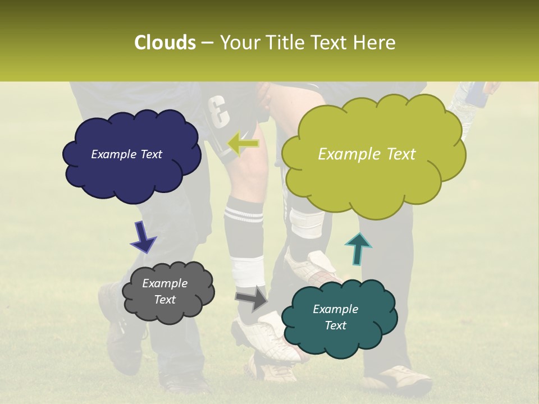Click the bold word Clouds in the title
[x=165, y=43]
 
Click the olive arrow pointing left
[x=243, y=144]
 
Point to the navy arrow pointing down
[x=143, y=236]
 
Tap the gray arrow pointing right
[x=251, y=298]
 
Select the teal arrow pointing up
[x=358, y=247]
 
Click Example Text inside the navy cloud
[x=126, y=154]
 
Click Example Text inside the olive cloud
[x=367, y=154]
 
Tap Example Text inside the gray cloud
[x=165, y=291]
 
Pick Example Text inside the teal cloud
[x=335, y=317]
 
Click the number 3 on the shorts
[x=220, y=112]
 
